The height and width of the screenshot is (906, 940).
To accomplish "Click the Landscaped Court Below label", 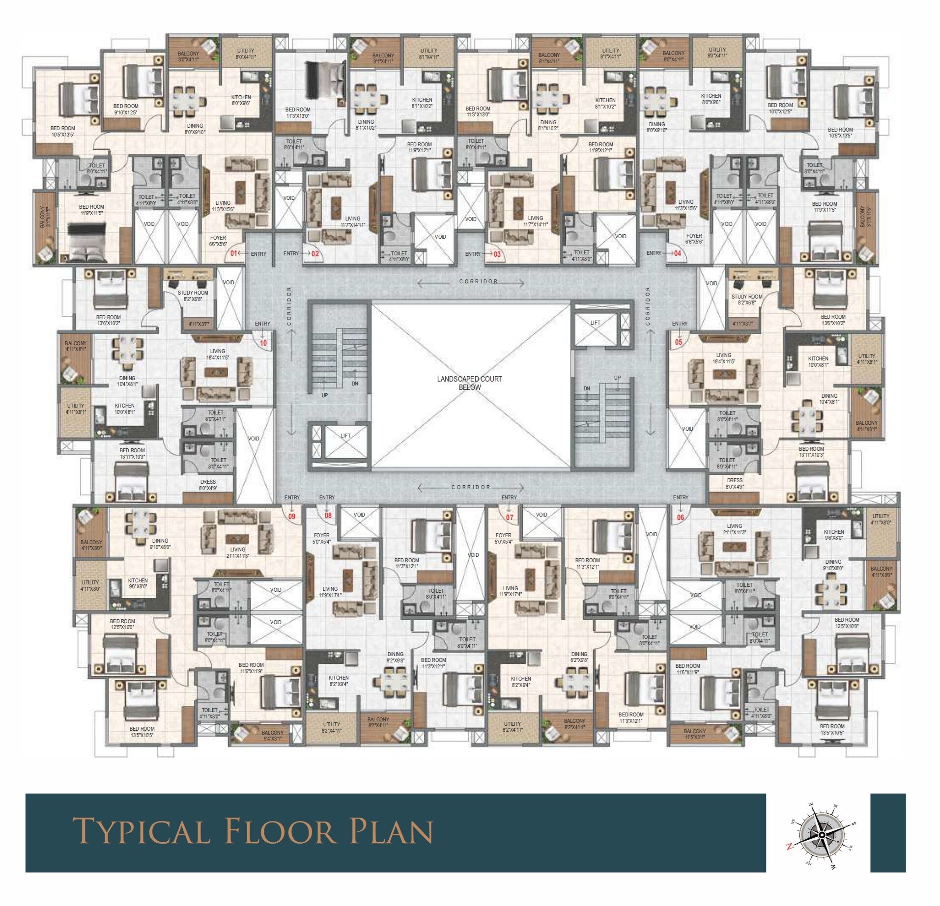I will coord(469,383).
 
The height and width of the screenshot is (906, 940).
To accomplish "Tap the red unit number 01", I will coord(234,253).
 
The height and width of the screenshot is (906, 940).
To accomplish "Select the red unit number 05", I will coord(679,342).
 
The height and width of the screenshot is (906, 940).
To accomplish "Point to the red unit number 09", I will coord(292,516).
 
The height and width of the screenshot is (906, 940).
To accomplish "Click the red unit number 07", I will coord(510,517).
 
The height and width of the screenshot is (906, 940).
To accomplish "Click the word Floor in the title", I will coord(280,831).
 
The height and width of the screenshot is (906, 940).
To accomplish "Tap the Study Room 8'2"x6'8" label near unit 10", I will coord(193,296).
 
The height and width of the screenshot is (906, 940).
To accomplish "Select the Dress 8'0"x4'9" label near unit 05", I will coord(735,483).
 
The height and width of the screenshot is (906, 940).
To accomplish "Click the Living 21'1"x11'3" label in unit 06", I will coord(735,528).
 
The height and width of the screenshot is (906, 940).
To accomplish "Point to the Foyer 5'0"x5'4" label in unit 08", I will coord(321,538).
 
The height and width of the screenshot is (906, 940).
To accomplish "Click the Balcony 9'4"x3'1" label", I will coord(273,735).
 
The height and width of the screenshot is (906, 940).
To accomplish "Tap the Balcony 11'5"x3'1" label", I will coord(694,734).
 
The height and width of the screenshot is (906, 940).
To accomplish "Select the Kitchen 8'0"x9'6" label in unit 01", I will coord(241,100).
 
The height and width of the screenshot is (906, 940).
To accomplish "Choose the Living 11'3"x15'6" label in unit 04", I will coord(685,205).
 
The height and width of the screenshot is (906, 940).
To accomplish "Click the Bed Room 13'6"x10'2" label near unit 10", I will coord(108,320).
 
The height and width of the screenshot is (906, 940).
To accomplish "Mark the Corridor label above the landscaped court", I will coord(478,281).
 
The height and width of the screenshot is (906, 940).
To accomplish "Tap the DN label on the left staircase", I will coord(355,384).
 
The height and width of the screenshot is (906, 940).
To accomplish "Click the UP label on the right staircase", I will coord(617,378).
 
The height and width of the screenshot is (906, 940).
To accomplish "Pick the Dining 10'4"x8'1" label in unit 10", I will coord(127,381).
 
